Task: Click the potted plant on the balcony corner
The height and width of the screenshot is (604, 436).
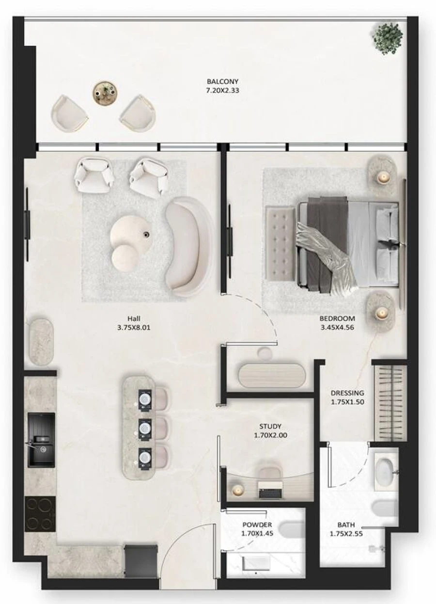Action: click(x=388, y=36)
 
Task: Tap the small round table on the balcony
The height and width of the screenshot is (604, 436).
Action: click(x=105, y=92)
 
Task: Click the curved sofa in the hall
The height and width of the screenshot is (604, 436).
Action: click(x=186, y=247)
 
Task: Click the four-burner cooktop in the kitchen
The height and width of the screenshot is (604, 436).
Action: click(x=40, y=514)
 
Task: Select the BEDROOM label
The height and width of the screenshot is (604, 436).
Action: click(x=337, y=318)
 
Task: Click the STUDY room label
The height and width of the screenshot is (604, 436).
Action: click(x=270, y=427)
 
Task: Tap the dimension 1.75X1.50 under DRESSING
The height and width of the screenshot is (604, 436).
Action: click(x=347, y=402)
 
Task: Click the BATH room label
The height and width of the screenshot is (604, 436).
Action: click(x=346, y=525)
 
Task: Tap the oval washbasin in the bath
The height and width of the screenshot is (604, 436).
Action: click(x=386, y=469)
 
